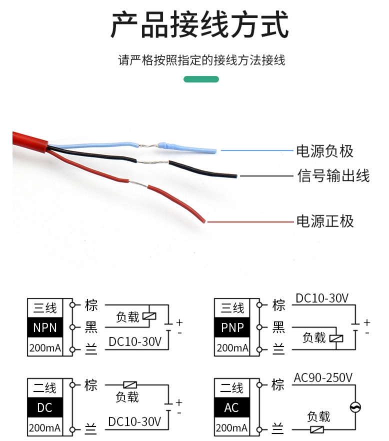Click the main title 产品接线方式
click(199, 25)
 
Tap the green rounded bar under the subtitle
click(201, 79)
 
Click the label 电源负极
click(324, 150)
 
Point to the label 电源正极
click(324, 220)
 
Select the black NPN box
click(45, 328)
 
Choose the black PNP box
click(232, 328)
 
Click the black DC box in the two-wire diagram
click(45, 408)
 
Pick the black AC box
click(232, 408)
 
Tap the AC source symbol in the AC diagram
click(356, 407)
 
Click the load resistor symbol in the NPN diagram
click(149, 315)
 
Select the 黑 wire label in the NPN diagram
click(91, 327)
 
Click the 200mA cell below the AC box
click(232, 428)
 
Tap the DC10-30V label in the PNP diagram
click(322, 298)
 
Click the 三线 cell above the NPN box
click(45, 307)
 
